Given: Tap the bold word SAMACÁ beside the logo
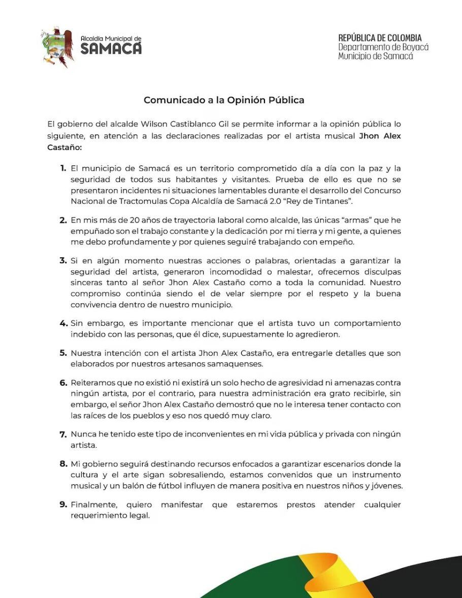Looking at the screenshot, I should [x=111, y=49].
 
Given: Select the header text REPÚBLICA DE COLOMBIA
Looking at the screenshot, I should [x=380, y=38].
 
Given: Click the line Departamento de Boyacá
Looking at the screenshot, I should [x=383, y=47].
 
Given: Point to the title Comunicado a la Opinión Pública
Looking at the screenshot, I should [x=224, y=100].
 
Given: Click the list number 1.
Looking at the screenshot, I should [x=63, y=168].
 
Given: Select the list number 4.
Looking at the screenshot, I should [x=63, y=323].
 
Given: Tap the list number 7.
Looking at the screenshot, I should [x=63, y=435].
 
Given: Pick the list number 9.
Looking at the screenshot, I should [x=63, y=505].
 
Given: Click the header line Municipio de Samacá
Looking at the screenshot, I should [x=376, y=56].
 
